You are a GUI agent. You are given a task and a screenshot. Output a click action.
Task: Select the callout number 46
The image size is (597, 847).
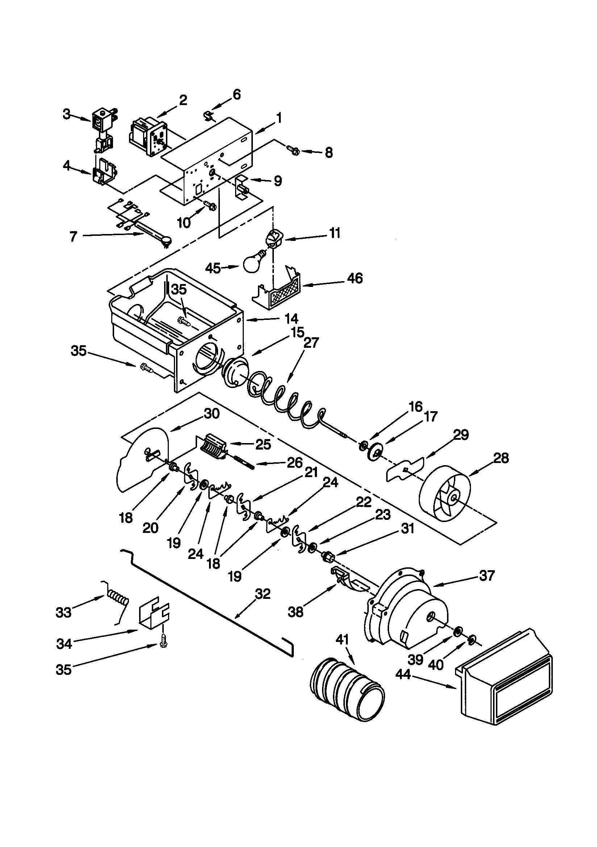[355, 278]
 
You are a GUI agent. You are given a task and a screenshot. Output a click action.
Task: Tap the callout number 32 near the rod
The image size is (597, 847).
[262, 594]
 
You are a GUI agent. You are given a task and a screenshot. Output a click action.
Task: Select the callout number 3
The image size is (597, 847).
[66, 114]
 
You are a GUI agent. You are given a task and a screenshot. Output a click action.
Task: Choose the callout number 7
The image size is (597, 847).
[74, 237]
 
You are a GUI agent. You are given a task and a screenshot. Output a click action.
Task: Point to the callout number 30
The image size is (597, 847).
[212, 414]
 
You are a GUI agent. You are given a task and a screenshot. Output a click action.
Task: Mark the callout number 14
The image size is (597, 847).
[291, 318]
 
